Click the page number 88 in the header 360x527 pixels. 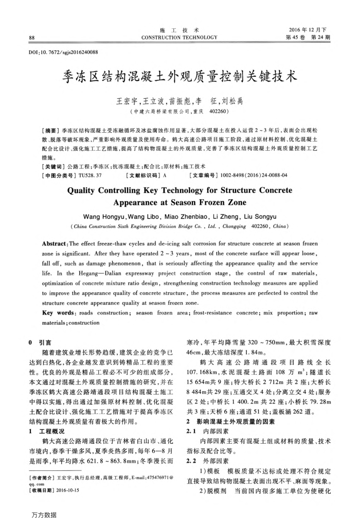32,37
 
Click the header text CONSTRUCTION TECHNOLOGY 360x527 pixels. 179,37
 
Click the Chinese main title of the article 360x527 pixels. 179,78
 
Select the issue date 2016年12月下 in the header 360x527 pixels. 310,29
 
